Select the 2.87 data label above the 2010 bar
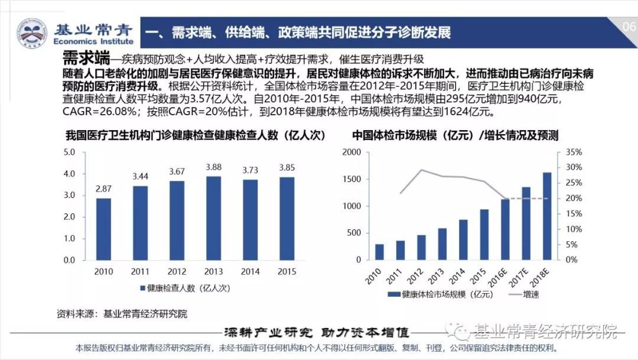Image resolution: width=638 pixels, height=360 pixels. [103, 189]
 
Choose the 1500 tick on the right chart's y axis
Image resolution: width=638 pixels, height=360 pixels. [351, 179]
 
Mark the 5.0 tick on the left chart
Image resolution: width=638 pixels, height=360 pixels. [70, 153]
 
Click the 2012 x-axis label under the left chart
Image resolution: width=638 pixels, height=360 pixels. [177, 271]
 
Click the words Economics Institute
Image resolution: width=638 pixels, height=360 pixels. [93, 41]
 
